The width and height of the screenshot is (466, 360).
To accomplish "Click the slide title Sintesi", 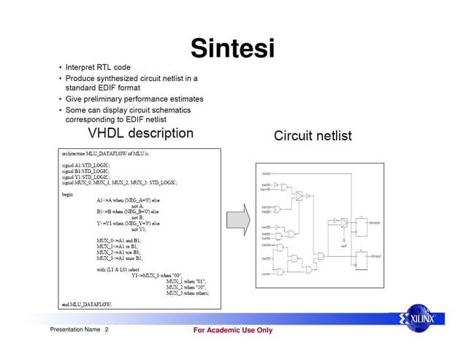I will point(232,49).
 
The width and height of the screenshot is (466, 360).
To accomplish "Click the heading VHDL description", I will point(140,134).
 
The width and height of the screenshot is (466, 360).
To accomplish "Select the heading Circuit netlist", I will point(313,136).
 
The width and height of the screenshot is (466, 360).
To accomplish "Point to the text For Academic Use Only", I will point(232,331).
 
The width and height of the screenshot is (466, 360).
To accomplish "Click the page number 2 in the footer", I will point(107,331).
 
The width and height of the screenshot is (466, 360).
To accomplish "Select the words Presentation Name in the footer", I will point(75,331).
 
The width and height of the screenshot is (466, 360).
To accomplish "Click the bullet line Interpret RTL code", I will point(98,67).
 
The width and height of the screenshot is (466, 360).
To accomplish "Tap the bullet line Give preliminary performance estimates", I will point(134,99).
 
